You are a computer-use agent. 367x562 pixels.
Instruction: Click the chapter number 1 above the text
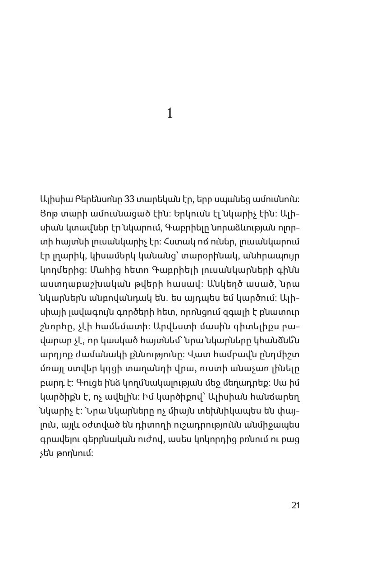click(170, 114)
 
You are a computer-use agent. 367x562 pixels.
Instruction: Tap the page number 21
click(295, 505)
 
